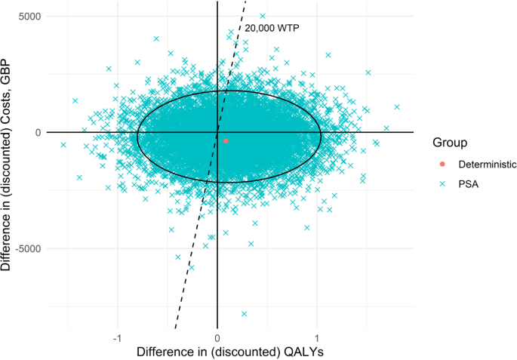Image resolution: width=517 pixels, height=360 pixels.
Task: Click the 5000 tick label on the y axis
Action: pos(30,16)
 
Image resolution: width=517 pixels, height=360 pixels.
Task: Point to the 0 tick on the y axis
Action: pos(38,132)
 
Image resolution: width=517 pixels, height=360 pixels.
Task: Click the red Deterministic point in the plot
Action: pos(226,140)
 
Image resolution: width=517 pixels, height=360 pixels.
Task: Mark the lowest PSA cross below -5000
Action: pos(244,313)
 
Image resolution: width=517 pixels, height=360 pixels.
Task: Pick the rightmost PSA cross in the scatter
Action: pos(397,107)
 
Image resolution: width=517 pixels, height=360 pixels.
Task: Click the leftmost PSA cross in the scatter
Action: pos(63,145)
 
